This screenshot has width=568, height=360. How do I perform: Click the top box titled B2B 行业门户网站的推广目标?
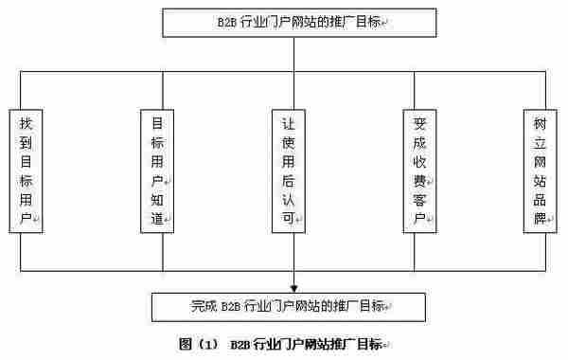point(299,23)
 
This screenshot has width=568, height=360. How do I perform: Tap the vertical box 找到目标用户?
point(28,171)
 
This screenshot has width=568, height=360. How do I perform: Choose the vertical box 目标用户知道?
point(157,171)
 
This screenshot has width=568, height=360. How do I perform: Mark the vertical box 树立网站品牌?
point(540,171)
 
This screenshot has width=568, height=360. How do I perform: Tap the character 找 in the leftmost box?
point(27,122)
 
